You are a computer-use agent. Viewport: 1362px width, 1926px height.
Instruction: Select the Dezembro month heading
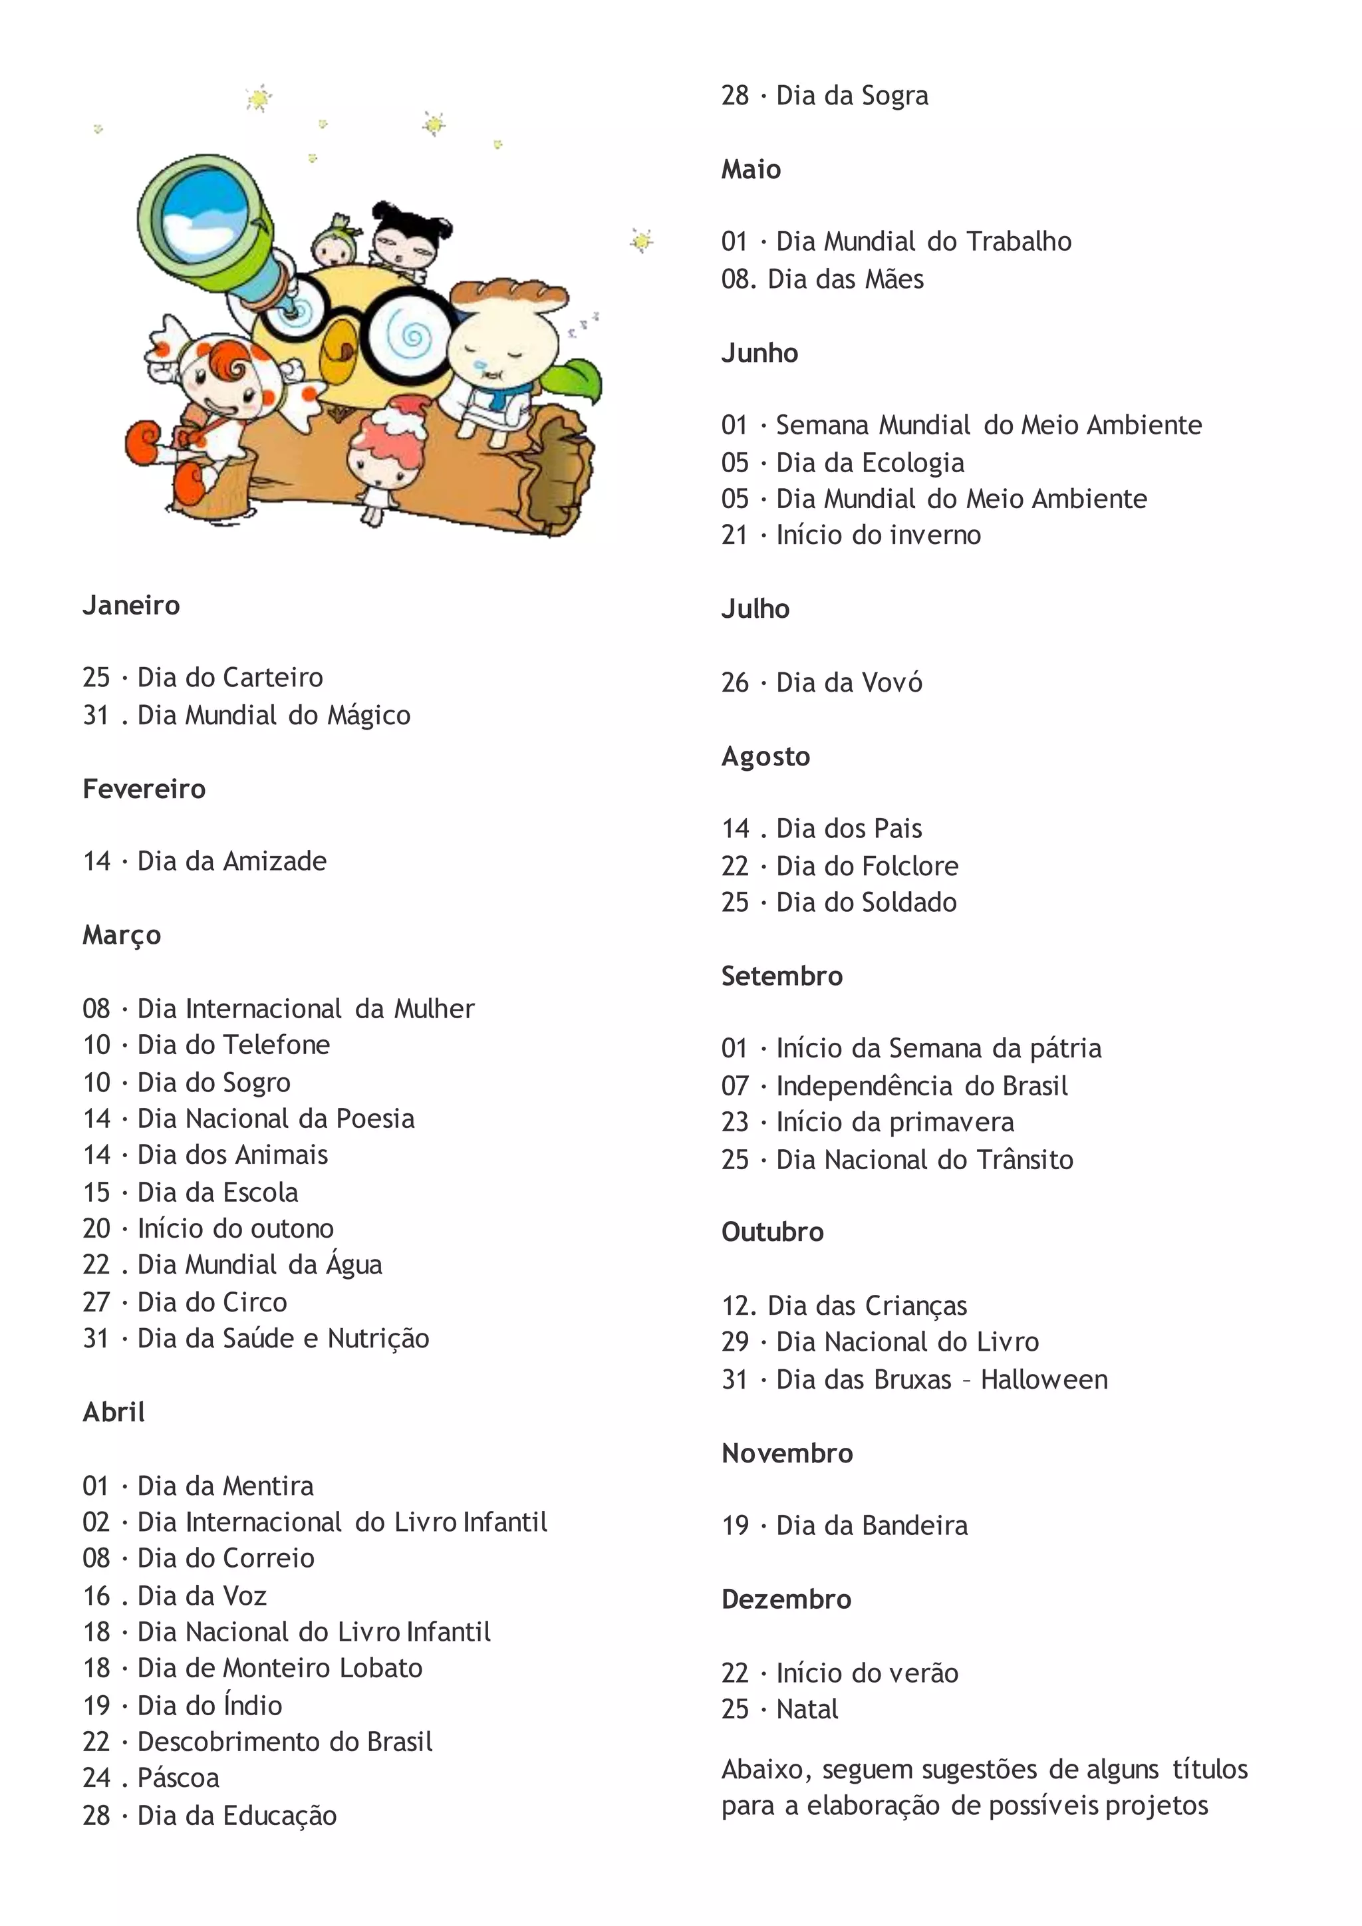click(786, 1599)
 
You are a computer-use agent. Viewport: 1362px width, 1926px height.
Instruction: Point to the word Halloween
click(1044, 1379)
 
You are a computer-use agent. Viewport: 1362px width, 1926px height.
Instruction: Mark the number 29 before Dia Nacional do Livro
click(735, 1341)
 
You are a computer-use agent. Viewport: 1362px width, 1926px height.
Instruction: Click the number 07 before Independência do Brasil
click(735, 1085)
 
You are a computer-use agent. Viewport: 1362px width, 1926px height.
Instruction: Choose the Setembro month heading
click(781, 976)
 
